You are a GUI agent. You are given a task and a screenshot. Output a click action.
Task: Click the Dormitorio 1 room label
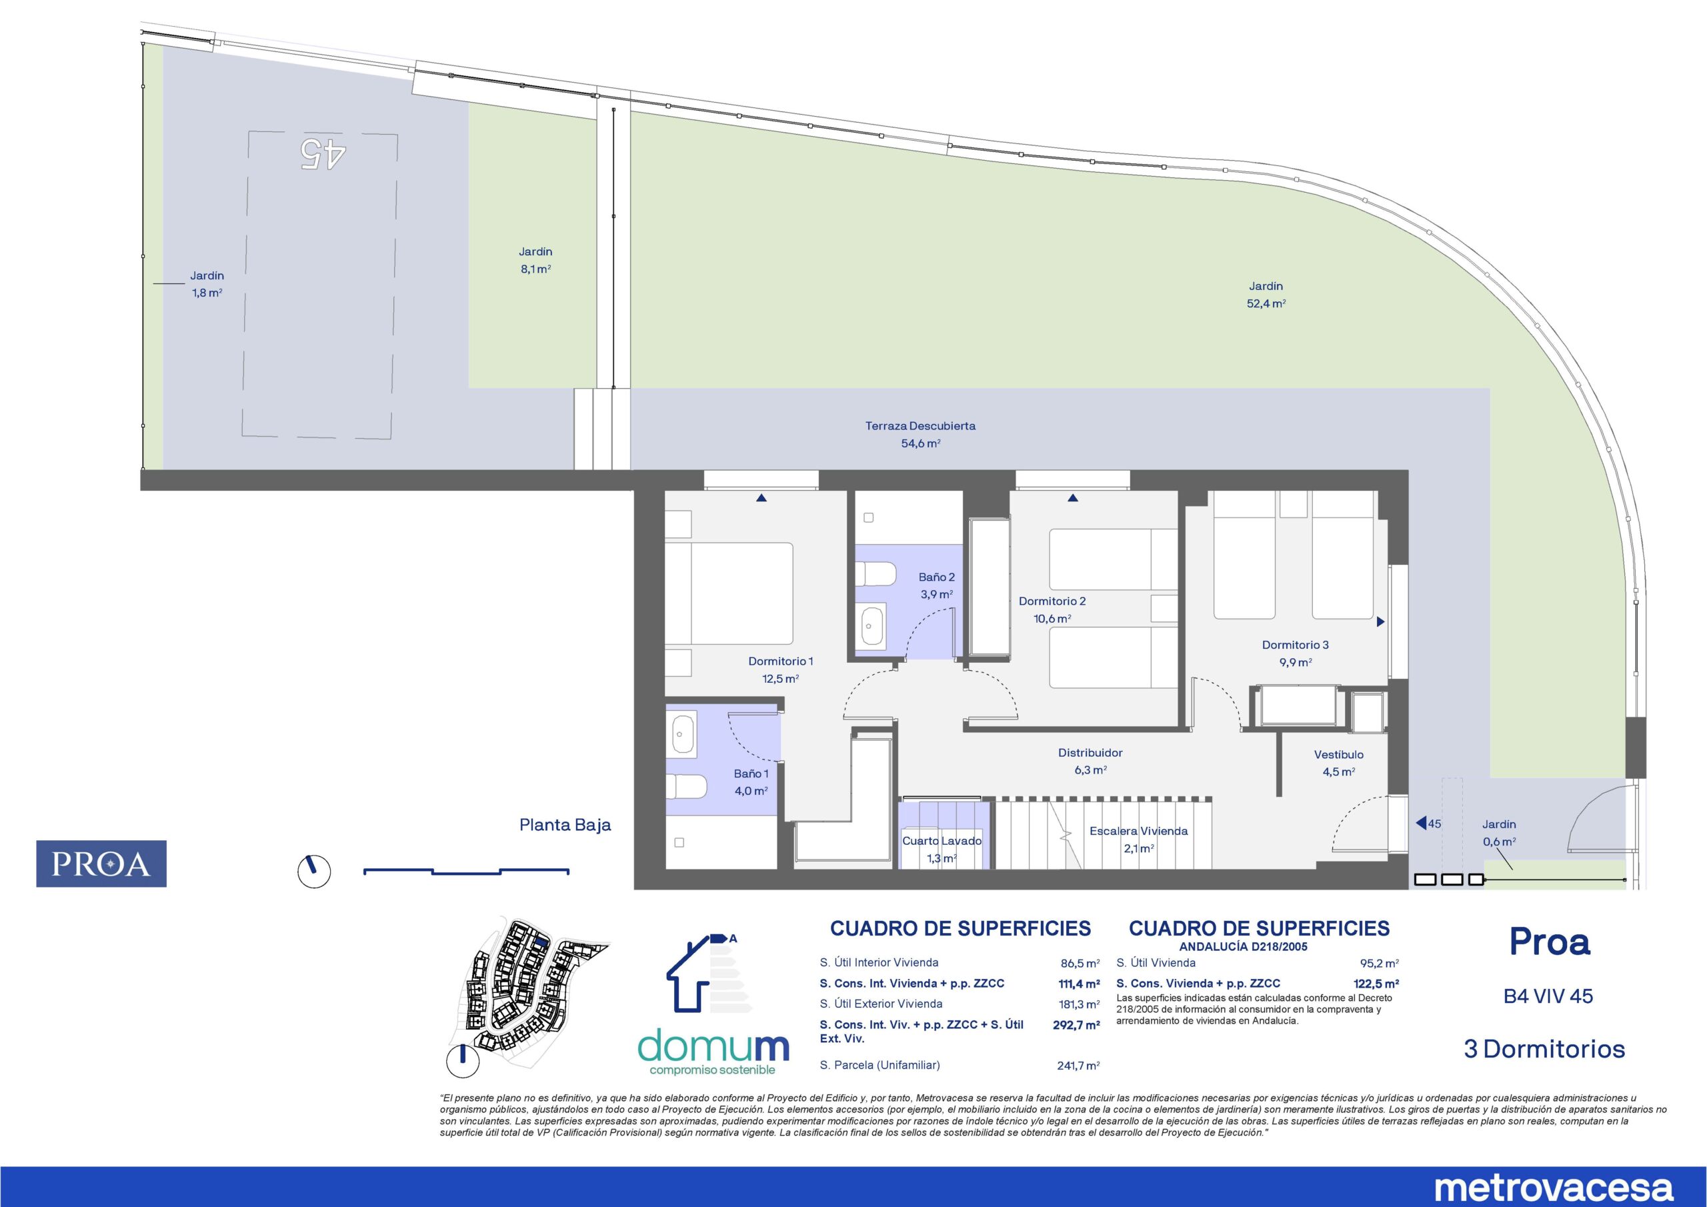(781, 661)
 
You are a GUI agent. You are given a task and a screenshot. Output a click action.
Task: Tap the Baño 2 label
(936, 577)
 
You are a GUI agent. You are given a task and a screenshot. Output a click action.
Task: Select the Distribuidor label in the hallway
(1090, 753)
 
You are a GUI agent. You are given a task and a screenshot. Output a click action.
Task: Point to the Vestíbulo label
(1338, 754)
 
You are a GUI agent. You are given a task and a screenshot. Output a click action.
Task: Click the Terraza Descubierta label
(920, 426)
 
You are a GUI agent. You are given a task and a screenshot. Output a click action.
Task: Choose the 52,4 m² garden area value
(1266, 303)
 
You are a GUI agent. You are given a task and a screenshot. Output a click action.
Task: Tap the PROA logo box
(101, 864)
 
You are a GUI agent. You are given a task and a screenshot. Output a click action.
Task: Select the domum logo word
(713, 1046)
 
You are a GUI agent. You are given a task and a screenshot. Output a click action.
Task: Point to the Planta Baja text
(565, 825)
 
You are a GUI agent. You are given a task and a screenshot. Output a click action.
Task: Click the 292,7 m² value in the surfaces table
(1076, 1025)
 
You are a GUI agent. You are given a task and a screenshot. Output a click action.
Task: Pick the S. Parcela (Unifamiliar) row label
(880, 1065)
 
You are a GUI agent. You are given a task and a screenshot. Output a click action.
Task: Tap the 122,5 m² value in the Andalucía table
(1376, 983)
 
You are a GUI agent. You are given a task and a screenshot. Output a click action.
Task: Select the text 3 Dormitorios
(1544, 1050)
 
